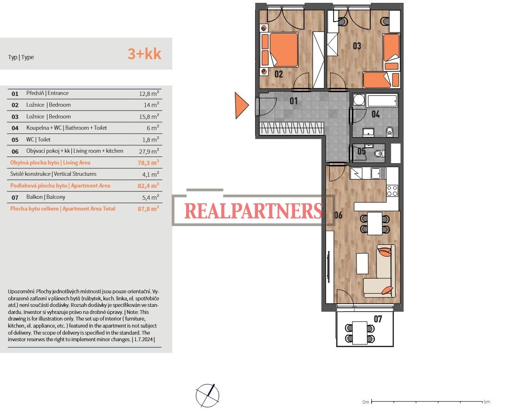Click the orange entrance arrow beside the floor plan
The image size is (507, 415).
coord(241,105)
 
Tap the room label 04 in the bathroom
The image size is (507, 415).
coord(375,114)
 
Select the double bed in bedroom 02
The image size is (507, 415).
coord(280,50)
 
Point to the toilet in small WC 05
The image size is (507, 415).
coord(379,154)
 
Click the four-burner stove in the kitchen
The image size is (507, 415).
coord(392,191)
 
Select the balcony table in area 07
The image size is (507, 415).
coord(360,333)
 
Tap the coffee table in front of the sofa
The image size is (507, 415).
coord(362,263)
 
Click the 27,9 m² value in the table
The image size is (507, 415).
coord(149,151)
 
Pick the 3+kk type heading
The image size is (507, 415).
coord(145,54)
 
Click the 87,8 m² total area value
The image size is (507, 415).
coord(148,209)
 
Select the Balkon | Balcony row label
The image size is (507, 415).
coord(46,197)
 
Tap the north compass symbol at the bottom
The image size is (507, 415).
coord(208,396)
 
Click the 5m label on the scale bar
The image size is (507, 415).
coord(487,402)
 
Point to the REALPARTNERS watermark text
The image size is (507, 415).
coord(254,211)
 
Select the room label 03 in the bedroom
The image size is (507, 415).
coord(357,46)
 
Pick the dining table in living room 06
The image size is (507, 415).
coord(375,223)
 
